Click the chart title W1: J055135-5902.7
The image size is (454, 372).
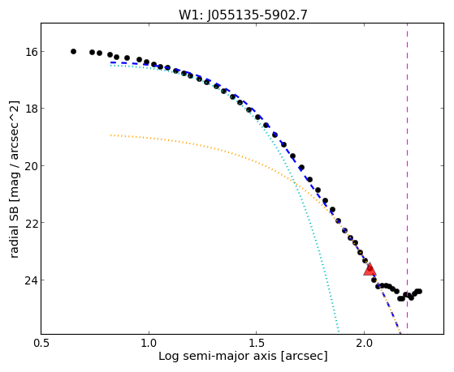tap(243, 15)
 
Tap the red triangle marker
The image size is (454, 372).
tap(370, 270)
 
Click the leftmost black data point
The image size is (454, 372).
tap(74, 51)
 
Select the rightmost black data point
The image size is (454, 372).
tap(419, 291)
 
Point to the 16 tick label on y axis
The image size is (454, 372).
tap(31, 52)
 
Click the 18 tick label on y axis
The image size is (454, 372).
tap(31, 109)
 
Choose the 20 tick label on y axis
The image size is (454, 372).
tap(31, 166)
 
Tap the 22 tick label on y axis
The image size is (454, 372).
tap(31, 223)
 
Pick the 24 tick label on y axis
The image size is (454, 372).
tap(31, 280)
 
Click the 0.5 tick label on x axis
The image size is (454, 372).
tap(41, 343)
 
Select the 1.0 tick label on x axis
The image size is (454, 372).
tap(149, 343)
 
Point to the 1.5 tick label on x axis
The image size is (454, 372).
tap(257, 343)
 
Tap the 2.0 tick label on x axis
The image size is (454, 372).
tap(364, 343)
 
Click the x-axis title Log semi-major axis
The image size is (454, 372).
tap(218, 357)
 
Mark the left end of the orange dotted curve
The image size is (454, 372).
tap(111, 135)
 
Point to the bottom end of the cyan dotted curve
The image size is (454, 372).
tap(338, 331)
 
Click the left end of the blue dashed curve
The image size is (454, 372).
tap(110, 62)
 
